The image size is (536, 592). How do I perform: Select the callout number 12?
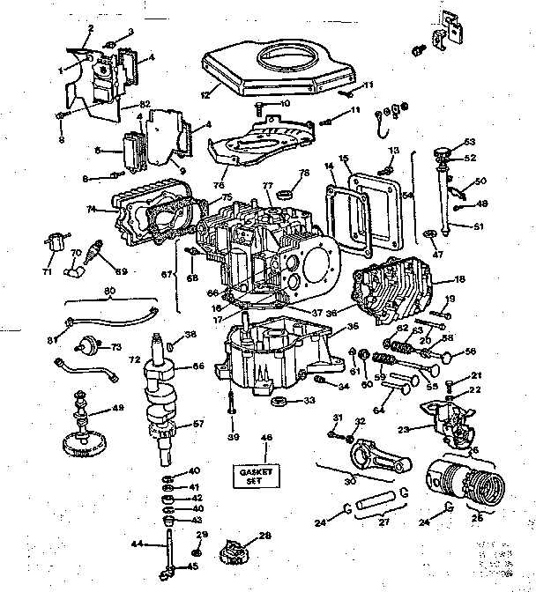click(205, 94)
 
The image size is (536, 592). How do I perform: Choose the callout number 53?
click(470, 141)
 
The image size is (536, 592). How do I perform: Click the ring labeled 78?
click(287, 193)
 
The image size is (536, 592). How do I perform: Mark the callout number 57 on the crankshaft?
click(198, 424)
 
